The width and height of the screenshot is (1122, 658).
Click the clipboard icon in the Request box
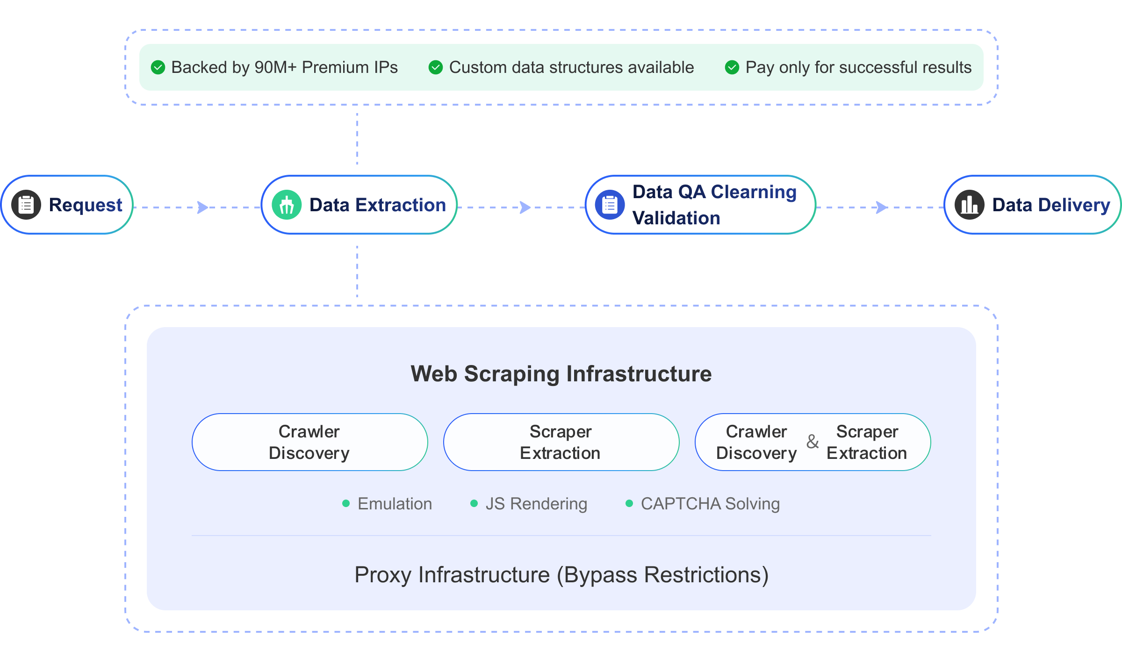click(26, 205)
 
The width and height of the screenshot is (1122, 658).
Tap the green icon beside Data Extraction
click(287, 205)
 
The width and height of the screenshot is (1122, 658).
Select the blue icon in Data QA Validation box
click(610, 205)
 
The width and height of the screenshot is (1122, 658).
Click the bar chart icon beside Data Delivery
click(970, 205)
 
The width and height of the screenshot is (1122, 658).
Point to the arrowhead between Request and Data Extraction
click(203, 207)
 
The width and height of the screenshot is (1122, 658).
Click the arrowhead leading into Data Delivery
click(882, 207)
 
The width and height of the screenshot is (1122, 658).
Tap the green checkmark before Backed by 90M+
click(158, 67)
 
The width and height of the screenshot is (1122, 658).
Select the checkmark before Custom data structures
click(436, 67)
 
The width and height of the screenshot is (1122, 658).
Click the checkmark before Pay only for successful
click(732, 67)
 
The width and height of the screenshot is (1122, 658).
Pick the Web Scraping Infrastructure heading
click(561, 373)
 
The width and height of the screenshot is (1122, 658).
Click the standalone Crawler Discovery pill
click(309, 442)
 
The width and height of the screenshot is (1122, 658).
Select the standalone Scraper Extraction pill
click(561, 442)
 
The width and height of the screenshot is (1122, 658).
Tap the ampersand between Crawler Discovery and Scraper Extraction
click(813, 442)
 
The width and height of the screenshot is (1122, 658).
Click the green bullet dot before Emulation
click(346, 503)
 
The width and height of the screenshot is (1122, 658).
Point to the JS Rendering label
click(536, 504)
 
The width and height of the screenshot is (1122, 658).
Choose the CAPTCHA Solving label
click(710, 504)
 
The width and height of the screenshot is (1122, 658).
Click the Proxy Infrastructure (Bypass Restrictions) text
click(561, 574)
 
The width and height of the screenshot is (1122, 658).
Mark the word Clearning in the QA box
click(753, 192)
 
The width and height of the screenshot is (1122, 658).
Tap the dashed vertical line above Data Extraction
click(357, 139)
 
